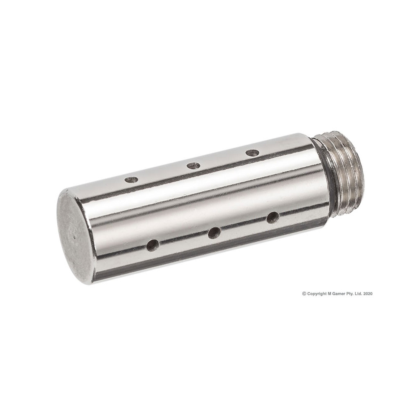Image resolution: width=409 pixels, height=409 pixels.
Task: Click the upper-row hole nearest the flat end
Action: point(131,179)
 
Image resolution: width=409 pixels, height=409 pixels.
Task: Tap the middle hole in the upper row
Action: point(193,166)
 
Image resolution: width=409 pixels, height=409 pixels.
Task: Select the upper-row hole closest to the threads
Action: point(252,153)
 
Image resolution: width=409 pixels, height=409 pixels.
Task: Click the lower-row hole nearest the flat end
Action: point(153,245)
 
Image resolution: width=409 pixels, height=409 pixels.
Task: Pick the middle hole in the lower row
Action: point(214,233)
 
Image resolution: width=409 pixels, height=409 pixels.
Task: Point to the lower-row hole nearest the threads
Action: point(273,217)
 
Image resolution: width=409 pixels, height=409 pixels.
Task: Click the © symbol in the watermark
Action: point(304,293)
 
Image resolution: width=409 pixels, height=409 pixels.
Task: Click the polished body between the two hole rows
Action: point(204,200)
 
